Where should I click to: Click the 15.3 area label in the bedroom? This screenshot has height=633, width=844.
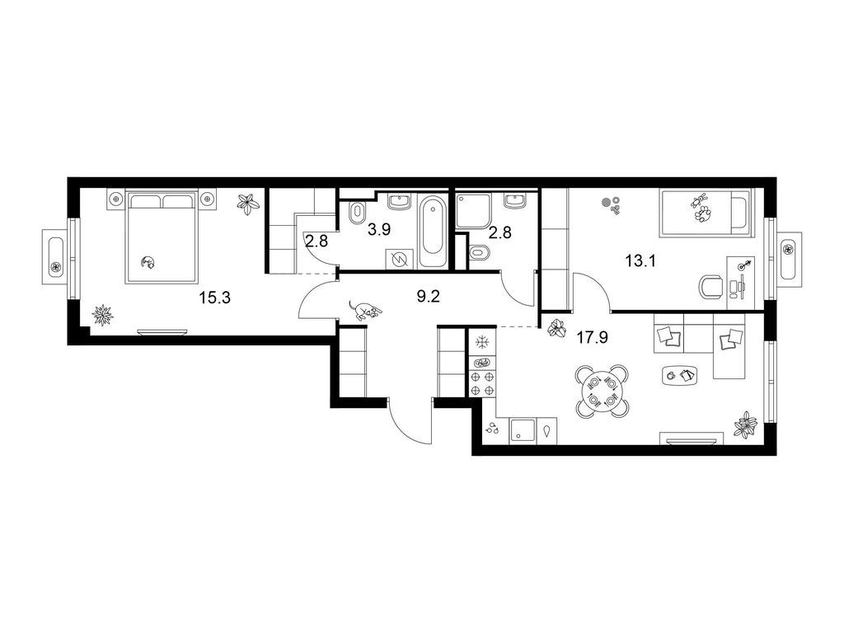click(215, 297)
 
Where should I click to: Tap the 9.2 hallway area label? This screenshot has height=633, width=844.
click(429, 296)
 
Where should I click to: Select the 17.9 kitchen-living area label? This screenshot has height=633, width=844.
click(592, 337)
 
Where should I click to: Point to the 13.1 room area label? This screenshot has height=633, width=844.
click(640, 261)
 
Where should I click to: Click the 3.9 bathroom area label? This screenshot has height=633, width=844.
click(379, 230)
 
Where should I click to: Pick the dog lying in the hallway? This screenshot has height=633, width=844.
click(365, 311)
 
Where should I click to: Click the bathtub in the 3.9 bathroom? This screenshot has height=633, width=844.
click(433, 232)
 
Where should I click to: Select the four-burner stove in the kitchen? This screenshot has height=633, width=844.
click(482, 383)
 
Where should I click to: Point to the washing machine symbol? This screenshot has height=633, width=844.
click(401, 260)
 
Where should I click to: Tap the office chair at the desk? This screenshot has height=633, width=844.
click(711, 287)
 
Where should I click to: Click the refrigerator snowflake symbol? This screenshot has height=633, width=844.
click(482, 342)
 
